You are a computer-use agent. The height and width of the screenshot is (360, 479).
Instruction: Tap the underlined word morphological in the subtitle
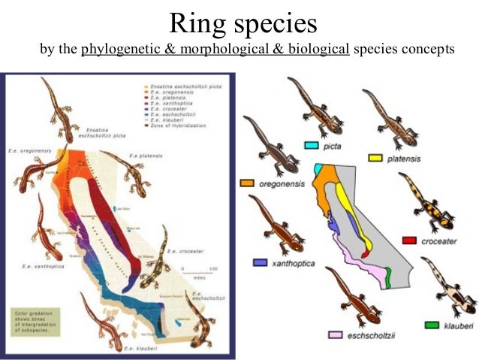[x=239, y=50]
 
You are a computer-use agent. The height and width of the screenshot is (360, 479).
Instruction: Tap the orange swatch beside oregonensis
[x=248, y=183]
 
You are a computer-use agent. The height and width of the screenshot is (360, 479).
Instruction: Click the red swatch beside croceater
[x=410, y=240]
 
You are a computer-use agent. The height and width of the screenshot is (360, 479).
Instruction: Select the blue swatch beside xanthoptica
[x=262, y=263]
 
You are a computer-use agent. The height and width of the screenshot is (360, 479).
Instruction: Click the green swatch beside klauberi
[x=432, y=325]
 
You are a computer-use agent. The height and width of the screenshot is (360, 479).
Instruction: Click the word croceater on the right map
[x=439, y=241]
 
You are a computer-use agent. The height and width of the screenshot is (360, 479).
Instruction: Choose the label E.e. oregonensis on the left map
[x=29, y=150]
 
